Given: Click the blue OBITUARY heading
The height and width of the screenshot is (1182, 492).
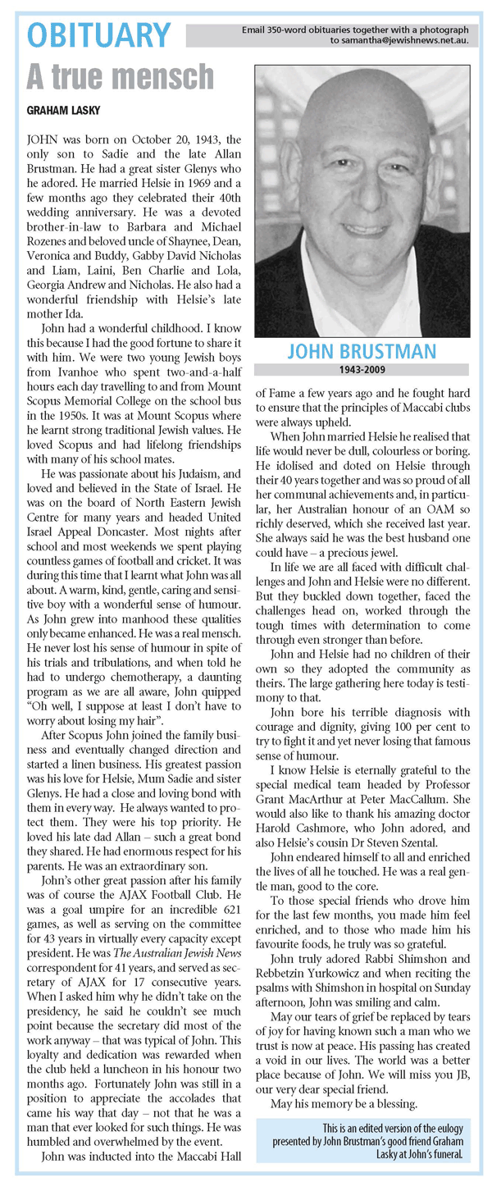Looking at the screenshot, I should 99,36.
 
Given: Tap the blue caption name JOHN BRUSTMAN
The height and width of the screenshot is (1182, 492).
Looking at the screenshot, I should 362,354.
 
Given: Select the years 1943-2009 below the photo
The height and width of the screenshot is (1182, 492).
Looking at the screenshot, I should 362,370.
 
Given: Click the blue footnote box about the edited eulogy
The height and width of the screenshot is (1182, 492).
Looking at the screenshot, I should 362,1140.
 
